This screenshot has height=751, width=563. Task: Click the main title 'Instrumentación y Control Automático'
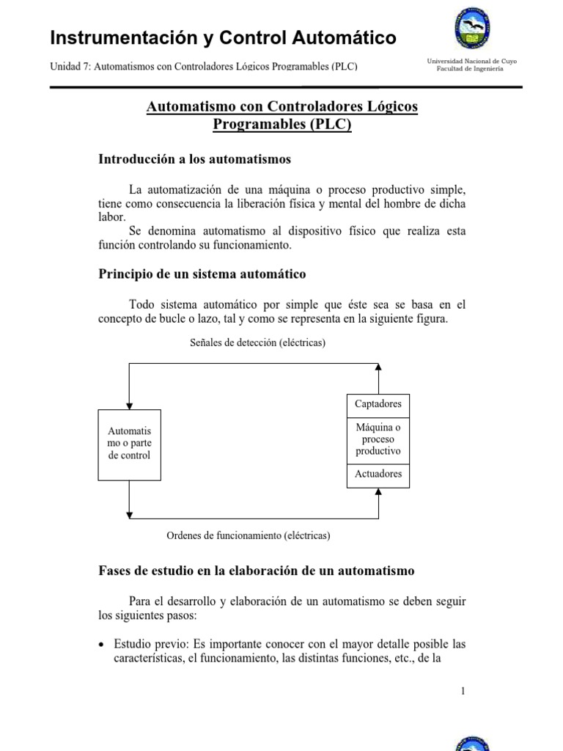click(x=223, y=37)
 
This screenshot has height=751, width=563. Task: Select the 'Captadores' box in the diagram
click(x=378, y=404)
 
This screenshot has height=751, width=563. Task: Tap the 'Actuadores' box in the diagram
click(x=378, y=475)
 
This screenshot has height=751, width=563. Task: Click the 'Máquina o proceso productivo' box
click(x=378, y=439)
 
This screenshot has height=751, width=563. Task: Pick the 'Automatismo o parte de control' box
click(x=129, y=444)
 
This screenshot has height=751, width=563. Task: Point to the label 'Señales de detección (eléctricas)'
click(x=257, y=342)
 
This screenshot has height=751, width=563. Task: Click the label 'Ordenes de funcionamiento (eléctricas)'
click(x=249, y=535)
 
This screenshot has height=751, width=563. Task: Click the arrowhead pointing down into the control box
click(x=130, y=405)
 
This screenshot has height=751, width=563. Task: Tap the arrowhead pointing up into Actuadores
click(x=378, y=492)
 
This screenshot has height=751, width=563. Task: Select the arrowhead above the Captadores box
click(x=378, y=367)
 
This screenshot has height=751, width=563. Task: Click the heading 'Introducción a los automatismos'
click(x=194, y=158)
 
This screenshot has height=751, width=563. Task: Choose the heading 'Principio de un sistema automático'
click(x=202, y=274)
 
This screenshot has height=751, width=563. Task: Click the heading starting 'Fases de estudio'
click(x=256, y=570)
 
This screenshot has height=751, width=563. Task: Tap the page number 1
click(x=463, y=690)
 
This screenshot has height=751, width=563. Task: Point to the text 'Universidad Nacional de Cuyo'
click(x=472, y=61)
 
